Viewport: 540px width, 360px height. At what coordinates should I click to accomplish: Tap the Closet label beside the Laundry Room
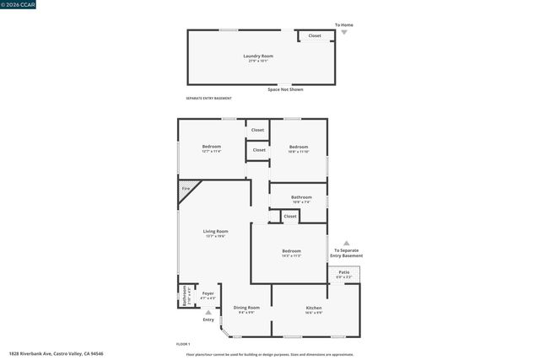pos(315,36)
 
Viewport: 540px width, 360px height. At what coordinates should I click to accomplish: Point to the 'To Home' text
pos(343,25)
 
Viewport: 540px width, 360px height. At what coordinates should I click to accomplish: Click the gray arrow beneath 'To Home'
pos(343,32)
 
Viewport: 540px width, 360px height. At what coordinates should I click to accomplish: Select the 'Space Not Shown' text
pos(285,89)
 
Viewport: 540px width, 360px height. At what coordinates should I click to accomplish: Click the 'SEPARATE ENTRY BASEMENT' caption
pos(208,99)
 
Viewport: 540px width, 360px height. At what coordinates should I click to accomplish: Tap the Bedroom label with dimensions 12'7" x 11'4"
pos(211,148)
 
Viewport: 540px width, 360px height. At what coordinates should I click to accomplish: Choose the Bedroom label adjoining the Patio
pos(291,252)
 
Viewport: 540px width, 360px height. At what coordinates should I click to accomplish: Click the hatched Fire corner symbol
pos(186,189)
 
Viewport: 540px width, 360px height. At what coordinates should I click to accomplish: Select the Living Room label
pos(215,233)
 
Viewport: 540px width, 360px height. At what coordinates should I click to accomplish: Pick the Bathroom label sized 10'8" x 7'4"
pos(301,199)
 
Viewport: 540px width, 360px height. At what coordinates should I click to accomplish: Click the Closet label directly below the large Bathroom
pos(290,217)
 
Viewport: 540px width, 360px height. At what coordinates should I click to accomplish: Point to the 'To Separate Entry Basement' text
pos(346,253)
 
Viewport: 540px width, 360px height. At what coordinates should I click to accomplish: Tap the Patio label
pos(344,273)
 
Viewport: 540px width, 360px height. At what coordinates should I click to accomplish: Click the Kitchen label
pos(314,309)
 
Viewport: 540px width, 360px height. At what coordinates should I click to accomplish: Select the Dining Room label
pos(246,309)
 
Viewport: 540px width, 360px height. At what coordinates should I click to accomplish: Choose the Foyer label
pos(208,295)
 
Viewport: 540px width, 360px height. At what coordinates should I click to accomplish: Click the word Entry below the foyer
pos(208,320)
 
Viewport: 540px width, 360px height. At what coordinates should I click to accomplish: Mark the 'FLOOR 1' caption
pos(183,344)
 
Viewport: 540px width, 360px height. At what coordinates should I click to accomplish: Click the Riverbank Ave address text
pos(50,354)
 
